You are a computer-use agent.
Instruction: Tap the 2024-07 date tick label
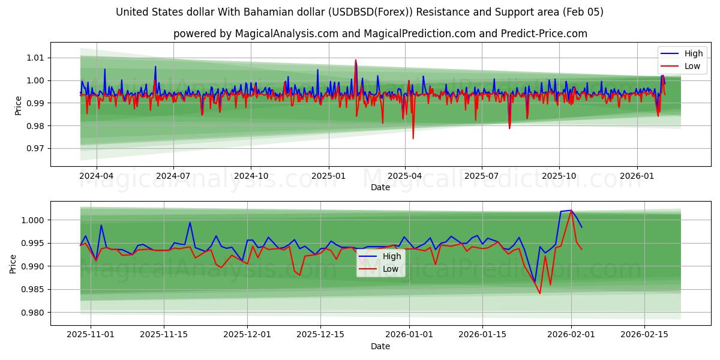(x=173, y=176)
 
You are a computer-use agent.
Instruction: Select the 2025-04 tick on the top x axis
(x=404, y=176)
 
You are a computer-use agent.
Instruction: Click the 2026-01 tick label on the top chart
(x=637, y=176)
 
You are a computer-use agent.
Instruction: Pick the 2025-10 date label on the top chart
(x=559, y=176)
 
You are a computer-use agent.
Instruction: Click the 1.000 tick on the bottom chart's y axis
(x=34, y=220)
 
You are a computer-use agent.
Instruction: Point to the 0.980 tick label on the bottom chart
(x=34, y=313)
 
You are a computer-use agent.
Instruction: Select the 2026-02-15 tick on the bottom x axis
(x=644, y=335)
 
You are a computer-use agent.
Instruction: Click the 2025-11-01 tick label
(x=91, y=335)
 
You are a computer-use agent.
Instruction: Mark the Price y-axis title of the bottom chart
(x=13, y=263)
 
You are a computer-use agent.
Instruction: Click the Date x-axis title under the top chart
(x=380, y=187)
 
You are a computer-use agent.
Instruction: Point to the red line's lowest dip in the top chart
(x=413, y=139)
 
